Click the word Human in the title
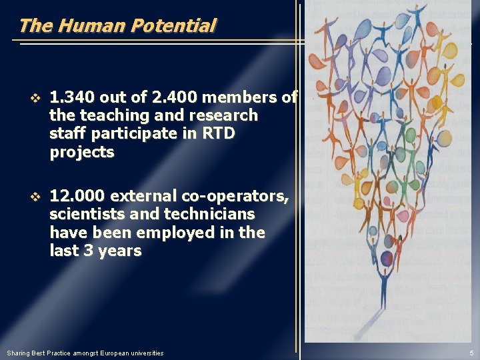91,26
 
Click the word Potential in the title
173,26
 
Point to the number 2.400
175,97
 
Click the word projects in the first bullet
82,153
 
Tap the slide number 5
471,353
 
